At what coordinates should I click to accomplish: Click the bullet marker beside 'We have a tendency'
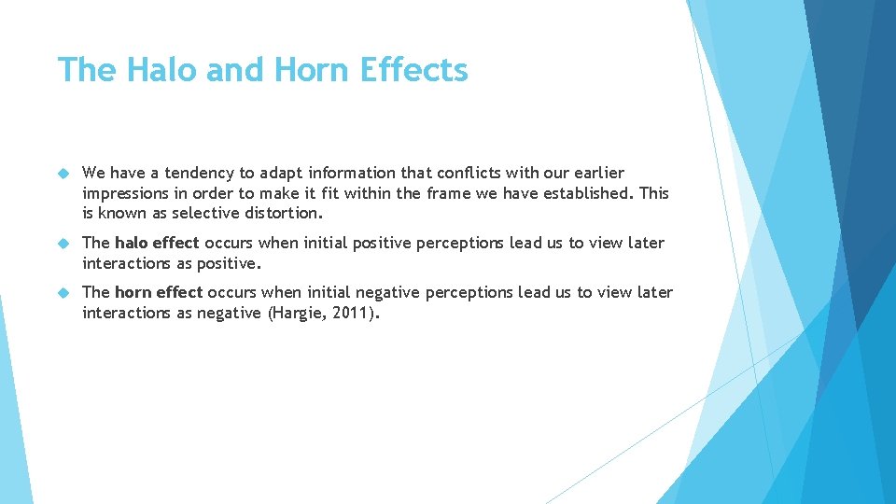click(x=64, y=173)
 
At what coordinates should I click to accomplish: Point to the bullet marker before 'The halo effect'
click(x=64, y=243)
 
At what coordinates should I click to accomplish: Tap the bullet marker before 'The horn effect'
click(x=64, y=292)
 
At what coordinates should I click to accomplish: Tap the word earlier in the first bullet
click(x=595, y=173)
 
